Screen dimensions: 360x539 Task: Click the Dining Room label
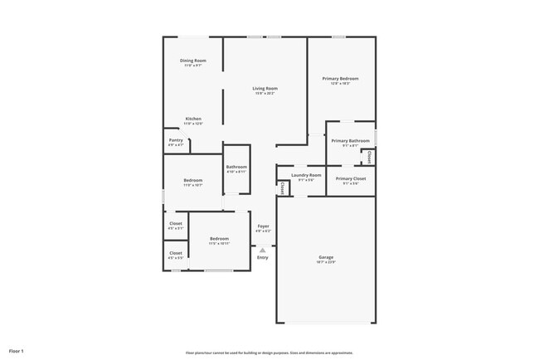pos(193,61)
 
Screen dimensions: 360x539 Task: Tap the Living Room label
pos(265,88)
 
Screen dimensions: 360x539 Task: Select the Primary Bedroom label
pos(340,79)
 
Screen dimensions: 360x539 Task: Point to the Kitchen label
pos(193,119)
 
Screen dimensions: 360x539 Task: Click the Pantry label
pos(176,140)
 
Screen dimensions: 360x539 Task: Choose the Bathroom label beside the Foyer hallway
pos(236,168)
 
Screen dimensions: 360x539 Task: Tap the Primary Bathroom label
pos(350,141)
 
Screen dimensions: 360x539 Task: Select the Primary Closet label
pos(351,178)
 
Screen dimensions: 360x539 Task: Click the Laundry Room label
pos(306,175)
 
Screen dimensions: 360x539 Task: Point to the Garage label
pos(325,257)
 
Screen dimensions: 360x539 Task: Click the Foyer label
pos(263,226)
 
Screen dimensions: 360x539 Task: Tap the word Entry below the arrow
pos(263,257)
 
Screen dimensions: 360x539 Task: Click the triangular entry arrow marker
pos(263,249)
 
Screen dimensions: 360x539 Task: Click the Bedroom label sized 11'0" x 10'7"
pos(192,180)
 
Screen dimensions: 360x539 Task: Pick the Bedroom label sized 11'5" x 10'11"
pos(219,239)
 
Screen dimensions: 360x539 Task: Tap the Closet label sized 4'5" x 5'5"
pos(176,253)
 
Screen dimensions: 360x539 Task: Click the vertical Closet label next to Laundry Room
pos(283,188)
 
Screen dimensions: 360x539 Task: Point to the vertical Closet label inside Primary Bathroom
pos(369,156)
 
